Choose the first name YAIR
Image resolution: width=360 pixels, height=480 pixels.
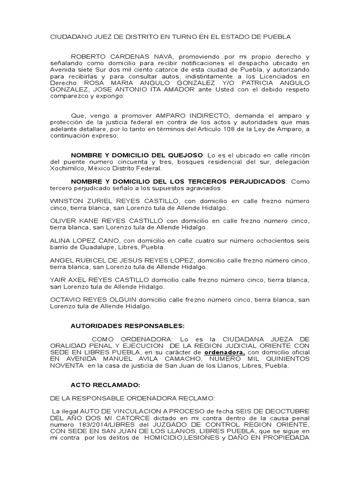pos(58,280)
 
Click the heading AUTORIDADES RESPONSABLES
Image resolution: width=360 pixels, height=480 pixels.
pos(127,325)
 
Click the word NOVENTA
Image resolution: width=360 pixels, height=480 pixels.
pos(67,365)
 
